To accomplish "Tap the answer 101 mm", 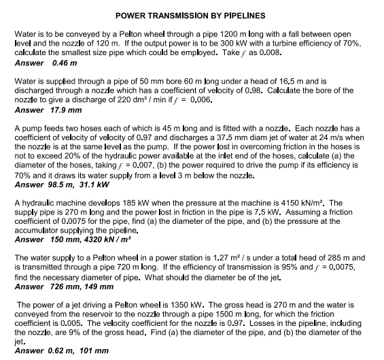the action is pos(97,350).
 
